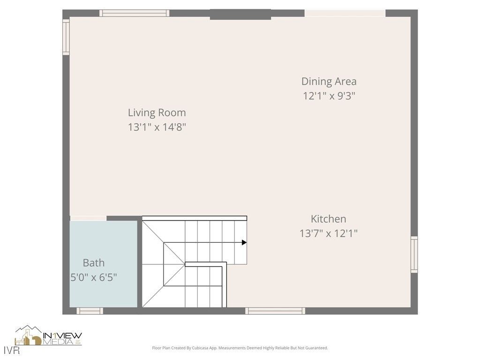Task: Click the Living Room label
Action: pyautogui.click(x=157, y=112)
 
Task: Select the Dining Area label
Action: pyautogui.click(x=329, y=81)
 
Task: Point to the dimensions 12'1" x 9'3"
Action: pyautogui.click(x=329, y=96)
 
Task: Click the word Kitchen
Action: pyautogui.click(x=328, y=219)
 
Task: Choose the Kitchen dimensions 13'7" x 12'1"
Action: pyautogui.click(x=328, y=233)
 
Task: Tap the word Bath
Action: pyautogui.click(x=94, y=262)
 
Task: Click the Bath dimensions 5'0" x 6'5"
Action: pyautogui.click(x=93, y=277)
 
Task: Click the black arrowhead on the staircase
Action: pyautogui.click(x=244, y=242)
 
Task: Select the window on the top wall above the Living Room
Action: pyautogui.click(x=134, y=13)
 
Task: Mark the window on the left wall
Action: pyautogui.click(x=66, y=37)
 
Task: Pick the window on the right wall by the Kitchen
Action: pyautogui.click(x=414, y=255)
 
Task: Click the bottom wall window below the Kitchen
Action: pyautogui.click(x=275, y=311)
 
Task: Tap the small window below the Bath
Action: pyautogui.click(x=90, y=311)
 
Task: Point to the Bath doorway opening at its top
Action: pyautogui.click(x=88, y=218)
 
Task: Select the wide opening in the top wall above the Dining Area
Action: pyautogui.click(x=345, y=13)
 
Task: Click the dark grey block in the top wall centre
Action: pyautogui.click(x=240, y=15)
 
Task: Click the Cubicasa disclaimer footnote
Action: pyautogui.click(x=240, y=348)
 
